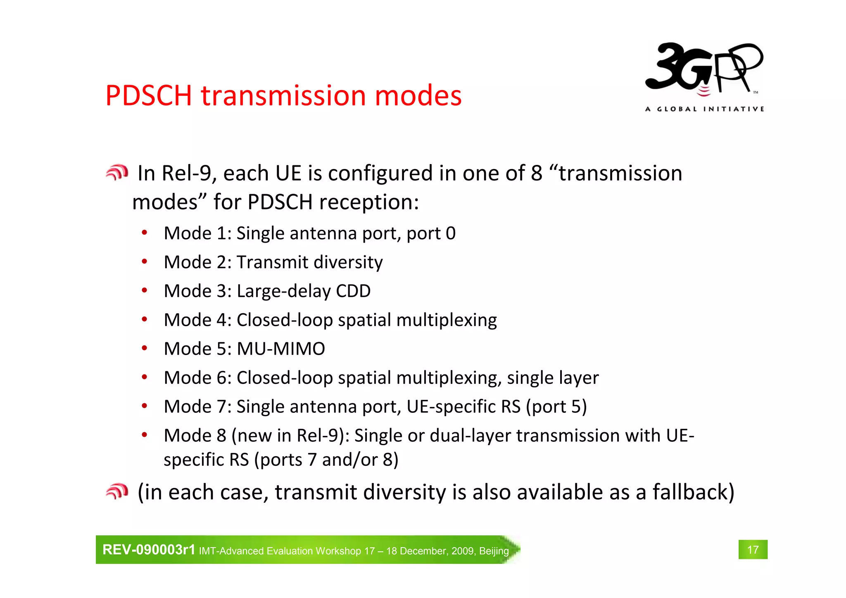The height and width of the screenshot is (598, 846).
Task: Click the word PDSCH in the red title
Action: point(149,96)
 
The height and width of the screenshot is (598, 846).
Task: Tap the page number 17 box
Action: point(753,550)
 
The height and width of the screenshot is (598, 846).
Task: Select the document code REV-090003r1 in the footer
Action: point(149,550)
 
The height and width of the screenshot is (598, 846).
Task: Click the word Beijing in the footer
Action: point(494,551)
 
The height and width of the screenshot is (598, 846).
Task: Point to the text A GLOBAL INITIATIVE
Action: point(704,109)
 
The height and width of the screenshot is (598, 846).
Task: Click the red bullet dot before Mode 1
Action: point(144,233)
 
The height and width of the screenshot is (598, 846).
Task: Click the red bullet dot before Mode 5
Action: point(144,348)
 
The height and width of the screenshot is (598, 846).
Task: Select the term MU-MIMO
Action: point(281,349)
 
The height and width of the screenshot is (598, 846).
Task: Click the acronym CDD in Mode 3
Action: point(353,291)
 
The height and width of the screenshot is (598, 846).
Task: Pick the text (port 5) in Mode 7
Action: point(556,407)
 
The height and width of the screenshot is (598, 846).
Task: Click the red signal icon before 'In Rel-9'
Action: point(117,173)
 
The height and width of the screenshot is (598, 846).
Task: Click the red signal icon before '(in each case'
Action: point(117,491)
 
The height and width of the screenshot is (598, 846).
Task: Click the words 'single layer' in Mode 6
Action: point(553,378)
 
